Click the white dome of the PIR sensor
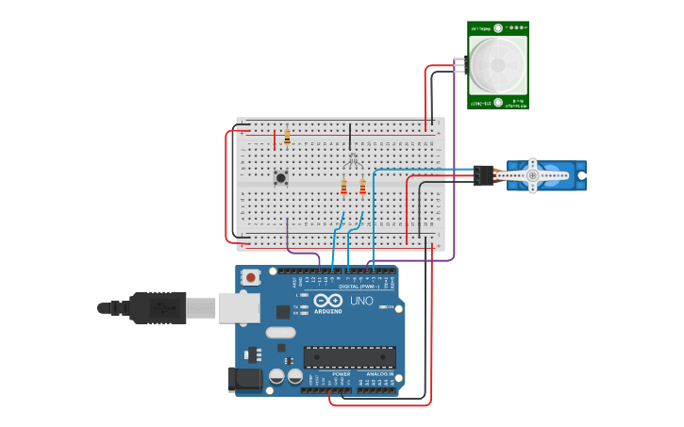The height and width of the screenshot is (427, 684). coord(497,64)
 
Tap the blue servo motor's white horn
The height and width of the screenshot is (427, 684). coord(533,175)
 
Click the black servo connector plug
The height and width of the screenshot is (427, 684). coord(483,175)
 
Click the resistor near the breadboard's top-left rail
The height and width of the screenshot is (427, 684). coord(287,138)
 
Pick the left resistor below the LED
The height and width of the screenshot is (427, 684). coord(344,188)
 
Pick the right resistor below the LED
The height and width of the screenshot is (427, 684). coord(361,188)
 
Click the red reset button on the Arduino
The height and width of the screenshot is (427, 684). coord(250,277)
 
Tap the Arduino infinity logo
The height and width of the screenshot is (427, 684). coord(329,301)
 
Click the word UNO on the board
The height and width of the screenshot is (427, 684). coord(362,302)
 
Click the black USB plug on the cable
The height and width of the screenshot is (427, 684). coord(157,307)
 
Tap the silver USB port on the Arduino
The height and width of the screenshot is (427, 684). coord(239,307)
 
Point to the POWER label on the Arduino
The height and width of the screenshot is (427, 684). coord(341,374)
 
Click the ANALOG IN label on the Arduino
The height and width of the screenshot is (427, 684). coord(380,374)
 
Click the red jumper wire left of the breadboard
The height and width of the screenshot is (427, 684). coord(226,184)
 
